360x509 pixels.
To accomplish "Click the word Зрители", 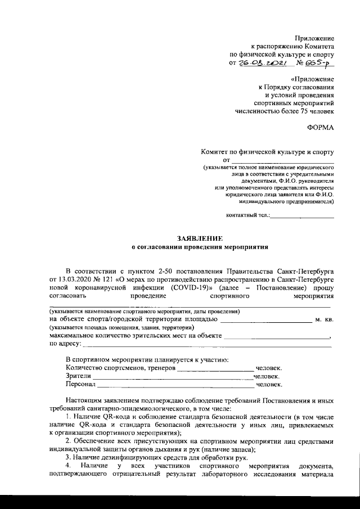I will pos(78,376).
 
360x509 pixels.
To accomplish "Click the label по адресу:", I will pos(65,343).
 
